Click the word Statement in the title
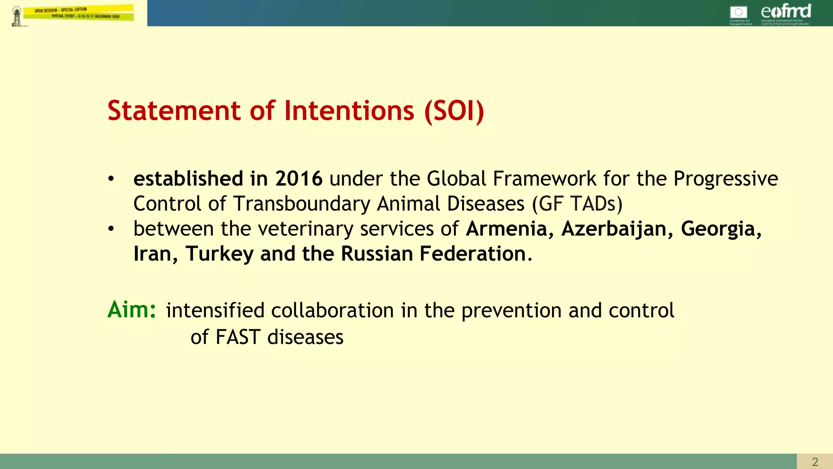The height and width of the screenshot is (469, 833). point(174,111)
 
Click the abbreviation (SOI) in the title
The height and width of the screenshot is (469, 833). point(454,111)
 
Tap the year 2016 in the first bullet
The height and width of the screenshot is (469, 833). point(299,179)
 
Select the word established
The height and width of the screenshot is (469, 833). point(188,179)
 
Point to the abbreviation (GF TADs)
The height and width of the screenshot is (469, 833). point(577,204)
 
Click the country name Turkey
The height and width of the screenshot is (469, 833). point(220,254)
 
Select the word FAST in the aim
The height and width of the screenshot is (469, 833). point(238,337)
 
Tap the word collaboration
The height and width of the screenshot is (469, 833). point(332,311)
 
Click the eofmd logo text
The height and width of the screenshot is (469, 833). point(785,11)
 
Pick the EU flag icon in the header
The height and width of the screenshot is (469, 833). point(738,12)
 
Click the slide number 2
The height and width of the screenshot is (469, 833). point(815,462)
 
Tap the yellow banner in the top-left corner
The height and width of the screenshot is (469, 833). point(78,13)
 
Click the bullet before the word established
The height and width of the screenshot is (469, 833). point(111,179)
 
